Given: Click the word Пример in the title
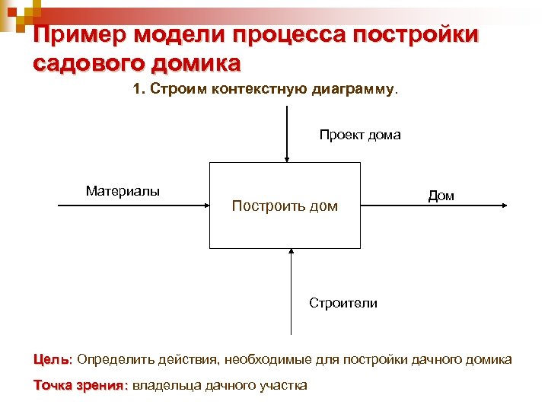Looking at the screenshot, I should [79, 35].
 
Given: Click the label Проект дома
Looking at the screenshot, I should [359, 135].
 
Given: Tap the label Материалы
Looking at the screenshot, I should [123, 191].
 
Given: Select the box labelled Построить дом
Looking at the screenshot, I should [285, 205].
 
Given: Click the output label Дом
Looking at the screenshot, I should [441, 196].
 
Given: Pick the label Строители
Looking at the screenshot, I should [342, 303].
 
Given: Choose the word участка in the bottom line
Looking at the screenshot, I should [282, 385].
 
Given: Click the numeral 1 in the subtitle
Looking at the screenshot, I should [136, 90].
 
